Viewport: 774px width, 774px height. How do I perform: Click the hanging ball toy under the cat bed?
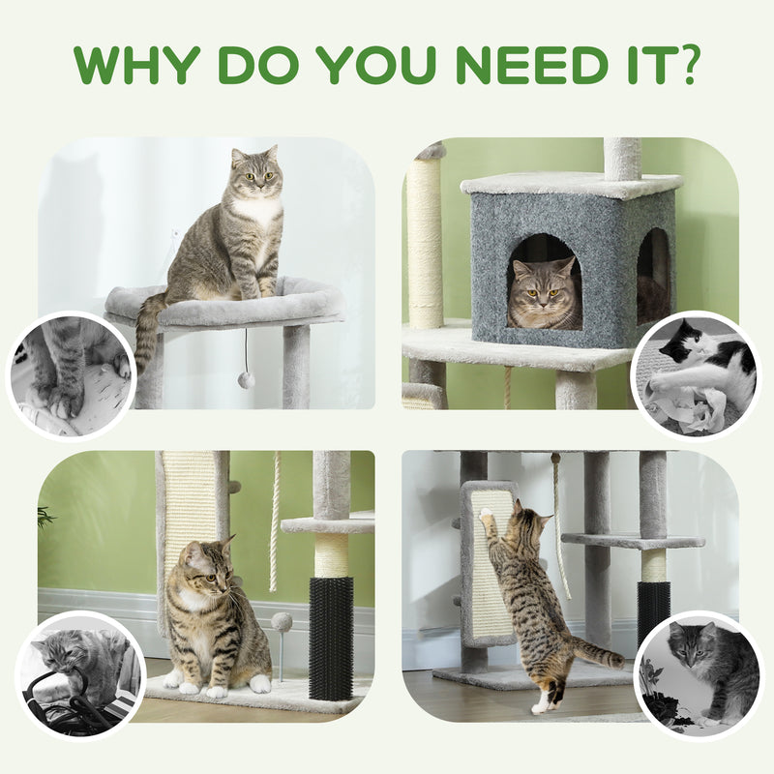(x=247, y=379)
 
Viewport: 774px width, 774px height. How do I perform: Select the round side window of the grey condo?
(x=653, y=276)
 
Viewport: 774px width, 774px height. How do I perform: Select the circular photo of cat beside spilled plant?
(x=699, y=672)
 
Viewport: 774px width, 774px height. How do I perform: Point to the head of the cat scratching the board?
(x=527, y=523)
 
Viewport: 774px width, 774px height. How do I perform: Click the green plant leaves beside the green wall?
(x=45, y=517)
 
